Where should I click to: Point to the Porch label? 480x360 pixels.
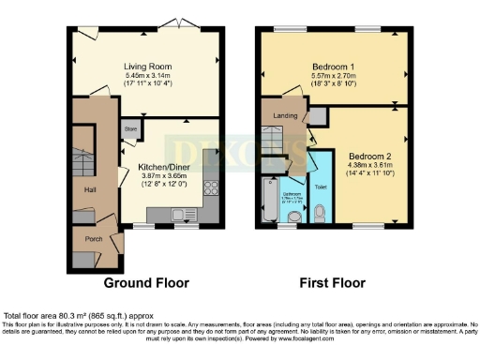coord(94,237)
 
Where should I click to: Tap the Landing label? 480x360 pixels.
coord(279,116)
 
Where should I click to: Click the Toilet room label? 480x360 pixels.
coord(322,187)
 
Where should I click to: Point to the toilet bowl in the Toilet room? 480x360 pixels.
coord(321,215)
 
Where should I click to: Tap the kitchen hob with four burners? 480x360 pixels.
coord(211,187)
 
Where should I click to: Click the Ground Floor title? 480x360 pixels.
coord(146,282)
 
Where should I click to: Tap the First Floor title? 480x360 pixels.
coord(332,282)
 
